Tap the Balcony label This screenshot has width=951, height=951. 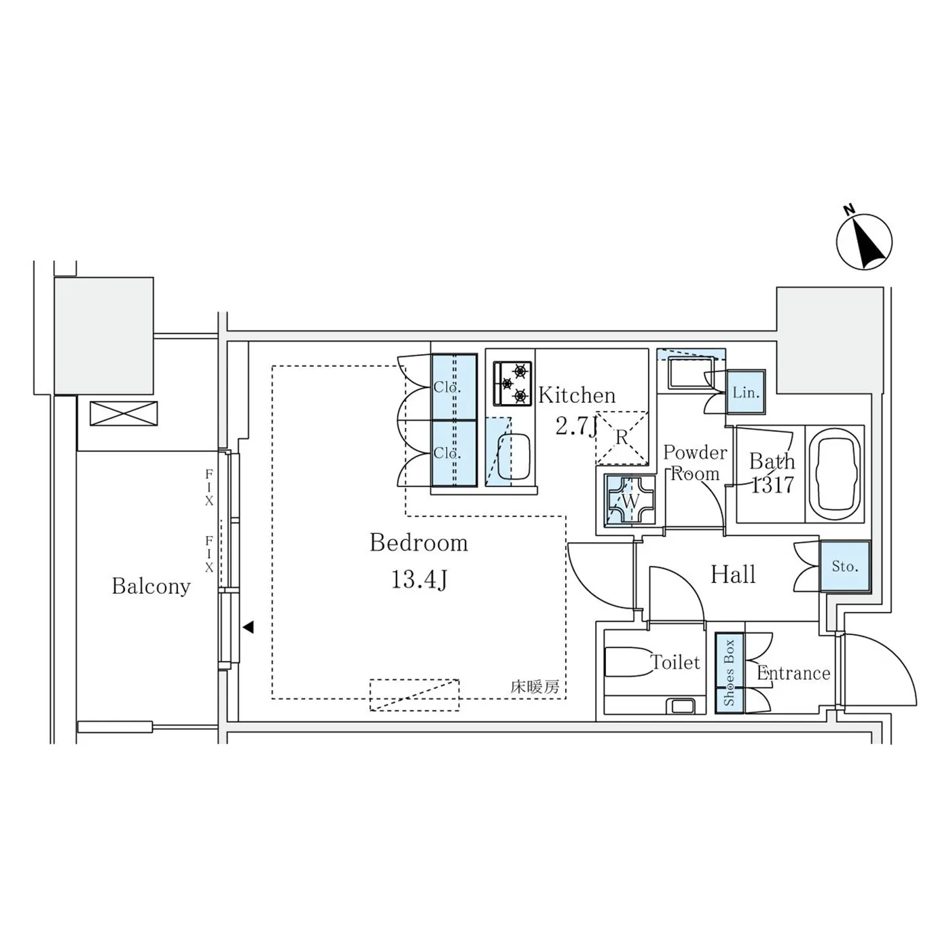tap(151, 586)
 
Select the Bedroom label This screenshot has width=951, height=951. tap(418, 542)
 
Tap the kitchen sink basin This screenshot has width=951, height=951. tap(514, 456)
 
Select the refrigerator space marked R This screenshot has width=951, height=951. tap(622, 437)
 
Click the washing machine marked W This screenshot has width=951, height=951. tap(630, 501)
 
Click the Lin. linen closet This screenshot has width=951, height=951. tap(745, 393)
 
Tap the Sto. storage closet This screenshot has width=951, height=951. tap(845, 566)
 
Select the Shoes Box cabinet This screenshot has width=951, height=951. tap(730, 673)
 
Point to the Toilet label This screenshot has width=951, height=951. tap(675, 662)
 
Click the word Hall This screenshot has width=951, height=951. tap(733, 575)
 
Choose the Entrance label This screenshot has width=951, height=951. tap(793, 673)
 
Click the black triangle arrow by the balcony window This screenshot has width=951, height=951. tap(248, 627)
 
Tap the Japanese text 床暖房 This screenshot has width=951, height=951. tap(535, 687)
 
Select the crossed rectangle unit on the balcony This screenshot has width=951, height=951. tap(124, 414)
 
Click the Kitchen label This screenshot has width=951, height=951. tap(577, 395)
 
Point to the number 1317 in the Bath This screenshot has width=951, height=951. tap(772, 485)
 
